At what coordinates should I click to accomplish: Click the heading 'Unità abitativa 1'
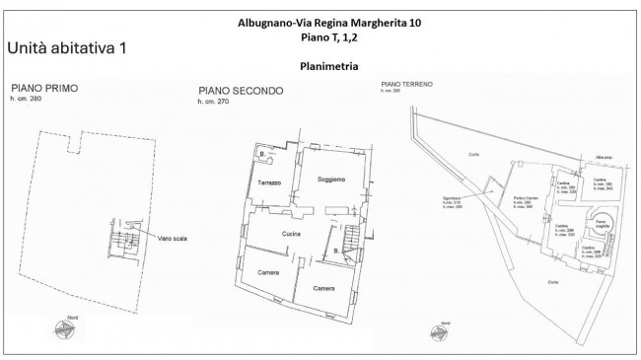pyautogui.click(x=68, y=47)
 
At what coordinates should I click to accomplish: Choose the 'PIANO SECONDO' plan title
pyautogui.click(x=241, y=91)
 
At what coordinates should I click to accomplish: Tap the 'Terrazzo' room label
pyautogui.click(x=270, y=183)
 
